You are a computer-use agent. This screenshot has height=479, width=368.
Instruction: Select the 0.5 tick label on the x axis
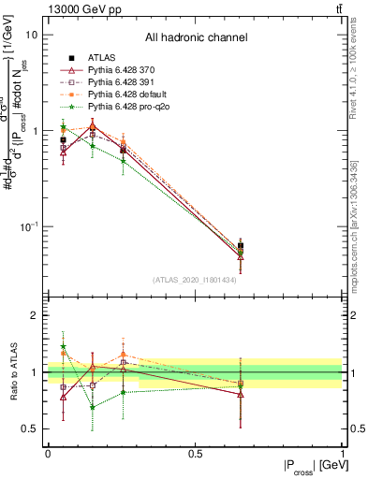pos(195,453)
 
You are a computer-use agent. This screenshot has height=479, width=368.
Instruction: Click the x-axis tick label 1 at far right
pos(342,453)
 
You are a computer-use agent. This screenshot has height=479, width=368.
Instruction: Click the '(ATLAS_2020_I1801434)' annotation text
pos(195,280)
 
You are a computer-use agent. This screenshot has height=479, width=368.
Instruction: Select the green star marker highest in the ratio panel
pos(63,347)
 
